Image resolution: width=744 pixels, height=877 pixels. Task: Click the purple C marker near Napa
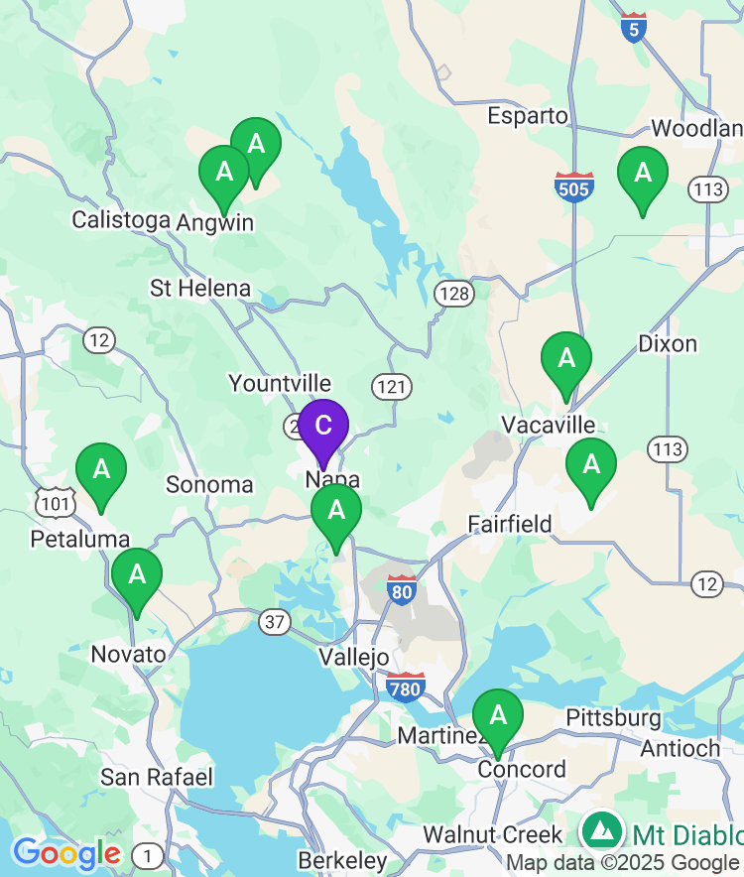pos(322,427)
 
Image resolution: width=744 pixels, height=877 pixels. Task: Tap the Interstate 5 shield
pos(635,28)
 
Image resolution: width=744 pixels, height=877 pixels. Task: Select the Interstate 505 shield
pos(574,187)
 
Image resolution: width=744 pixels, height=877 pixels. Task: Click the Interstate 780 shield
pos(406,687)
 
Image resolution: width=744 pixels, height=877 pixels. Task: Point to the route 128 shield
pos(453,293)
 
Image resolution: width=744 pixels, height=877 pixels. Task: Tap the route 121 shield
pos(393,386)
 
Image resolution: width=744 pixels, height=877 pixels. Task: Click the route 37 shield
pos(275,622)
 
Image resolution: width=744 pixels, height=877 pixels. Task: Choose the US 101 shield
pos(55,504)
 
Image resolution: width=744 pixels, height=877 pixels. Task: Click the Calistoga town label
pos(121,219)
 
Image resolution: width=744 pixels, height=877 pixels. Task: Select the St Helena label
pos(200,289)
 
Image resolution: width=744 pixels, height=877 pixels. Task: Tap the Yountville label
pos(280,383)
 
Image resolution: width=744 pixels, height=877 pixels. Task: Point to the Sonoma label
pos(209,485)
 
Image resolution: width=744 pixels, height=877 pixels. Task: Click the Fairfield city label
pos(510,523)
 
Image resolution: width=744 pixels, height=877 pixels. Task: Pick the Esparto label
pos(528,116)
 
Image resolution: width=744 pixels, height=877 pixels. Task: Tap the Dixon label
pos(668,344)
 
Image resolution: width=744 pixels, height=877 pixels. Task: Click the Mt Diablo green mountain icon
pos(601,830)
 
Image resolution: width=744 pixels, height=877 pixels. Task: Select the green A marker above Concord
pos(498,714)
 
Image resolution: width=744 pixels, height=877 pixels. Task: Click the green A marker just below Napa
pos(336,510)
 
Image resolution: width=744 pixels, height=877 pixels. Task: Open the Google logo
pos(66,853)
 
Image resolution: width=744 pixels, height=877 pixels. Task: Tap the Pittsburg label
pos(613,717)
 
